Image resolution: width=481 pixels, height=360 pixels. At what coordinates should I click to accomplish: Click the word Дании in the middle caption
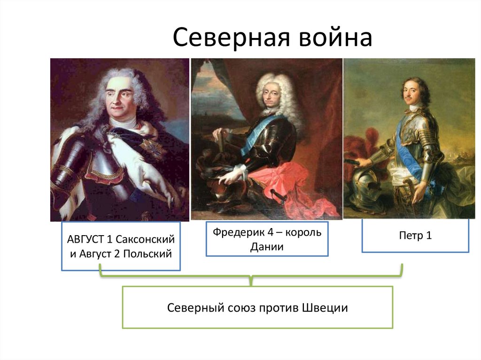[267, 247]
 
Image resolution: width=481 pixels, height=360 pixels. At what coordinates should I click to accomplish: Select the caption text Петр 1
[415, 236]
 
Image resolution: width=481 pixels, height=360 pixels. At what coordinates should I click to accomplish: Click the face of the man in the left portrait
[119, 97]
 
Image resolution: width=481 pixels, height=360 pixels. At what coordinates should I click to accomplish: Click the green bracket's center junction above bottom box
[251, 281]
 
